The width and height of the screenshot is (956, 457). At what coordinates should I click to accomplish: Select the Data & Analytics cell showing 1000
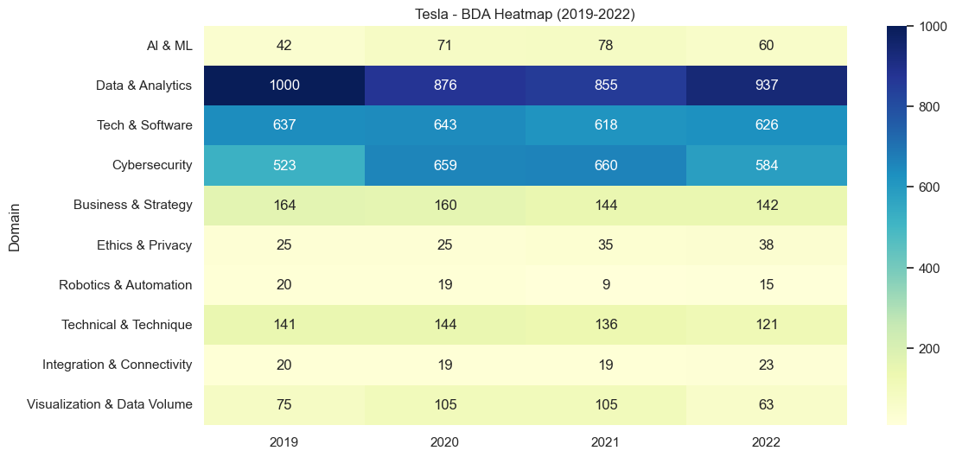[x=284, y=86]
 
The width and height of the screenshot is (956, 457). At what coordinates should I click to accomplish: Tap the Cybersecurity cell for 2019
[x=284, y=165]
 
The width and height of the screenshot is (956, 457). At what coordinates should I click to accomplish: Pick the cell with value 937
[x=766, y=86]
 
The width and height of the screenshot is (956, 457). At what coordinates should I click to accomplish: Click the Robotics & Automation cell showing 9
[x=605, y=285]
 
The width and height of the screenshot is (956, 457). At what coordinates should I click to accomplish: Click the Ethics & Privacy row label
[x=144, y=245]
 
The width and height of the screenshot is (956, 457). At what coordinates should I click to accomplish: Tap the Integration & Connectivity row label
[x=117, y=365]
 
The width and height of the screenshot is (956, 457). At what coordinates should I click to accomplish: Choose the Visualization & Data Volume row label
[x=110, y=404]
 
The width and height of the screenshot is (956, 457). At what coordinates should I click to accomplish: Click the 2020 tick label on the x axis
[x=445, y=441]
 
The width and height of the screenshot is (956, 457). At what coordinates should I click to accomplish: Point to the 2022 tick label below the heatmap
[x=766, y=441]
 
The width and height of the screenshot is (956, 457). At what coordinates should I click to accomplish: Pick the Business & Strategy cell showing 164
[x=284, y=206]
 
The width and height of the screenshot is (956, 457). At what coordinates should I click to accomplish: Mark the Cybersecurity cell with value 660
[x=605, y=165]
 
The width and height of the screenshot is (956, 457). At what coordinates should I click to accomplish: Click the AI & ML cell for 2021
[x=605, y=46]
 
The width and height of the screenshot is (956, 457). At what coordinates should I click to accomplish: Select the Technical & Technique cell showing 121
[x=766, y=325]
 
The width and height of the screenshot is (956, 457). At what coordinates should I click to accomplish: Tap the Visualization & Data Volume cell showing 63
[x=766, y=404]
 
